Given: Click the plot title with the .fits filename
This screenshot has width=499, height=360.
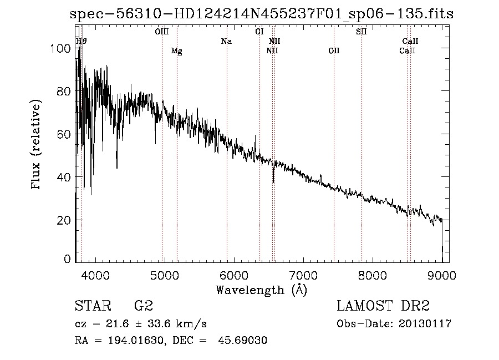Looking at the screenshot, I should tap(262, 14).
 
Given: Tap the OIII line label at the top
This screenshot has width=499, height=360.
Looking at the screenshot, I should tap(161, 32).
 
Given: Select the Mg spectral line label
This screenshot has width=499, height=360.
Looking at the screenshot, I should tap(176, 51).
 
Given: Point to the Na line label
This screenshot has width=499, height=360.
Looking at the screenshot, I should tap(226, 41).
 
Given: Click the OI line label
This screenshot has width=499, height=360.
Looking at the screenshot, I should tap(259, 32).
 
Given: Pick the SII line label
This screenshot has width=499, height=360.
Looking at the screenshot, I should tap(361, 32).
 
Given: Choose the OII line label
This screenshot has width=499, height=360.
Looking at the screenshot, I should tap(334, 51).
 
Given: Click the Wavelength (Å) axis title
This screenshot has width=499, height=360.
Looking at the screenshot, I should tap(261, 290).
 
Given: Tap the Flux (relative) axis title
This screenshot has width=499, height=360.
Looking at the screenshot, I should tap(37, 145).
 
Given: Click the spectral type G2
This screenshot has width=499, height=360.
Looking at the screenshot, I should tap(143, 306).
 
